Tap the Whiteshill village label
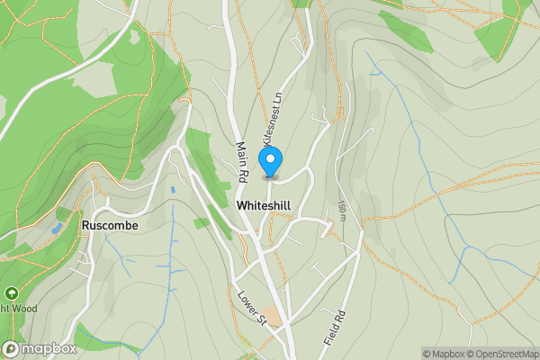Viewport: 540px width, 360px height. (x=264, y=206)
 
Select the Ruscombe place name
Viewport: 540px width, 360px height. (x=109, y=226)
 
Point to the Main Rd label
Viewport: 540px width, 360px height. (x=243, y=161)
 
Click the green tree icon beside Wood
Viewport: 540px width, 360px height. (x=11, y=293)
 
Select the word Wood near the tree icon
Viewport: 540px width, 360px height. (x=22, y=308)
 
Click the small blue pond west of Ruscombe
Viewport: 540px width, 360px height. (x=57, y=229)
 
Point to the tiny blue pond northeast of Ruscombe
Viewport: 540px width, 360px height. (x=172, y=190)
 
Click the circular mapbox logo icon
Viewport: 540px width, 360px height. (x=11, y=349)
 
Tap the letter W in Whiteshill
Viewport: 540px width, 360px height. (x=241, y=206)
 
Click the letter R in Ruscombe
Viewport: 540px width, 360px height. (x=85, y=226)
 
